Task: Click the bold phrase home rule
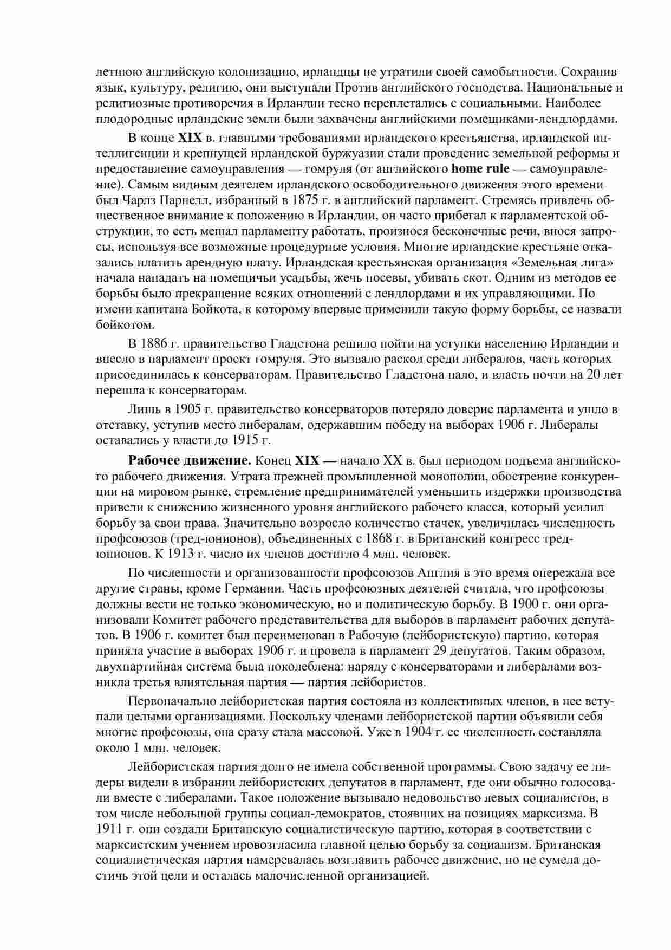tap(480, 168)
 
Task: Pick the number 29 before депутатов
tap(440, 650)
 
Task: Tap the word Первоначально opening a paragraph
tap(172, 701)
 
